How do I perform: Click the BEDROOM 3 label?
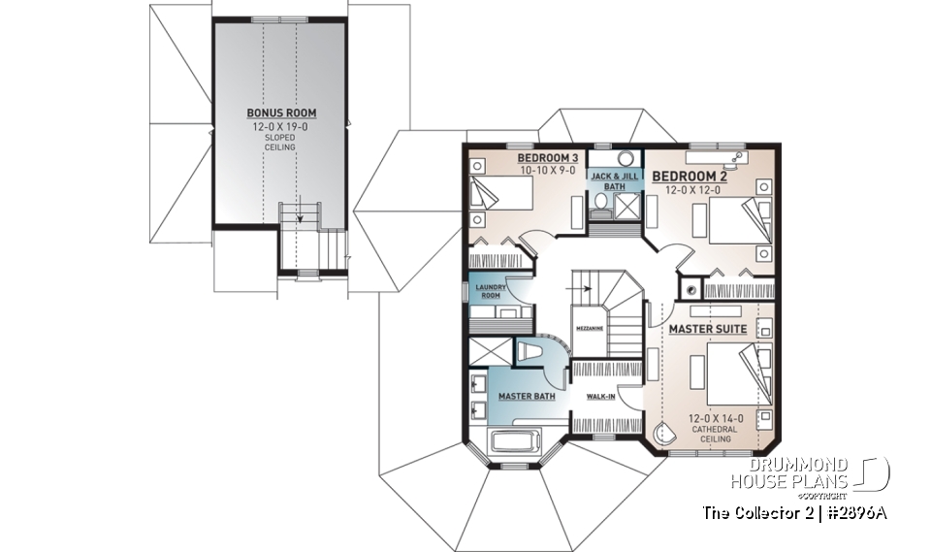click(547, 158)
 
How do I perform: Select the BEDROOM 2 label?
click(689, 176)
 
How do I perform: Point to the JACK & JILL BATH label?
click(614, 180)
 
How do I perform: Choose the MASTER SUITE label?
click(708, 330)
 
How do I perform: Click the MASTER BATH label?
click(527, 397)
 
